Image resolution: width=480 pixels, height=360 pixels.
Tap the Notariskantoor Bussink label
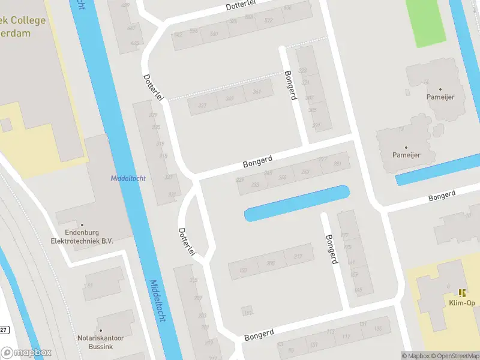tap(100, 342)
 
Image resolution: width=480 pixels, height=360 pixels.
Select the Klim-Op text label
tap(462, 303)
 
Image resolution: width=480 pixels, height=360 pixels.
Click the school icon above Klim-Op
tap(462, 293)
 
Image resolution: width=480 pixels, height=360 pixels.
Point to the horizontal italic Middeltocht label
tap(128, 178)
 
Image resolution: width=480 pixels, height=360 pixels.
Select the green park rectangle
tap(426, 22)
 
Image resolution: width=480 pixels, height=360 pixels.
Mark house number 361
tap(257, 92)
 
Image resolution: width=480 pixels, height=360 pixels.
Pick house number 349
tap(229, 98)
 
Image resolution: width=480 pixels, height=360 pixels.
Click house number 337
tap(202, 106)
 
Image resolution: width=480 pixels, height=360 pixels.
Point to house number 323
tap(303, 71)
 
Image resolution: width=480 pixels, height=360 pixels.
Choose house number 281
tap(337, 164)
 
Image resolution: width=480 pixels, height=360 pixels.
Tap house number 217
tap(298, 256)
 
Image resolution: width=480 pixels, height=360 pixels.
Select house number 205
tap(271, 263)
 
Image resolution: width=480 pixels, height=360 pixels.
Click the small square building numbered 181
tap(247, 312)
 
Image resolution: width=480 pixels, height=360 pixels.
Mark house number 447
tap(132, 28)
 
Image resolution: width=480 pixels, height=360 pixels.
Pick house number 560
tap(214, 34)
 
